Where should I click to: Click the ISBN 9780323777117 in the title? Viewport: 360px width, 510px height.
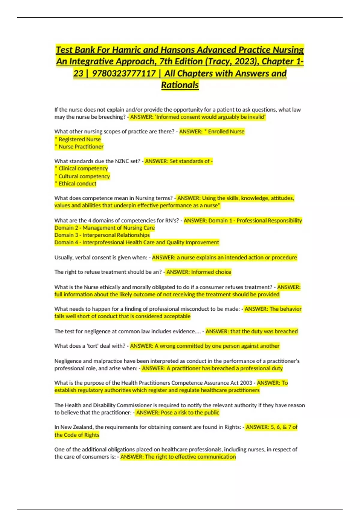click(x=124, y=73)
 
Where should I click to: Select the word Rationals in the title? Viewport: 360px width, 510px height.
click(x=180, y=85)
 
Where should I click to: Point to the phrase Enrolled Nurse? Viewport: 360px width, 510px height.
click(x=226, y=131)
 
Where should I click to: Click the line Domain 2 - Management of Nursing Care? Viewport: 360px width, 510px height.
click(x=104, y=228)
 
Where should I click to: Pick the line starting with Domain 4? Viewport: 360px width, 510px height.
click(x=136, y=242)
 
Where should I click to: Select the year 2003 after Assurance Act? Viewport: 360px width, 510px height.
click(x=246, y=383)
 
